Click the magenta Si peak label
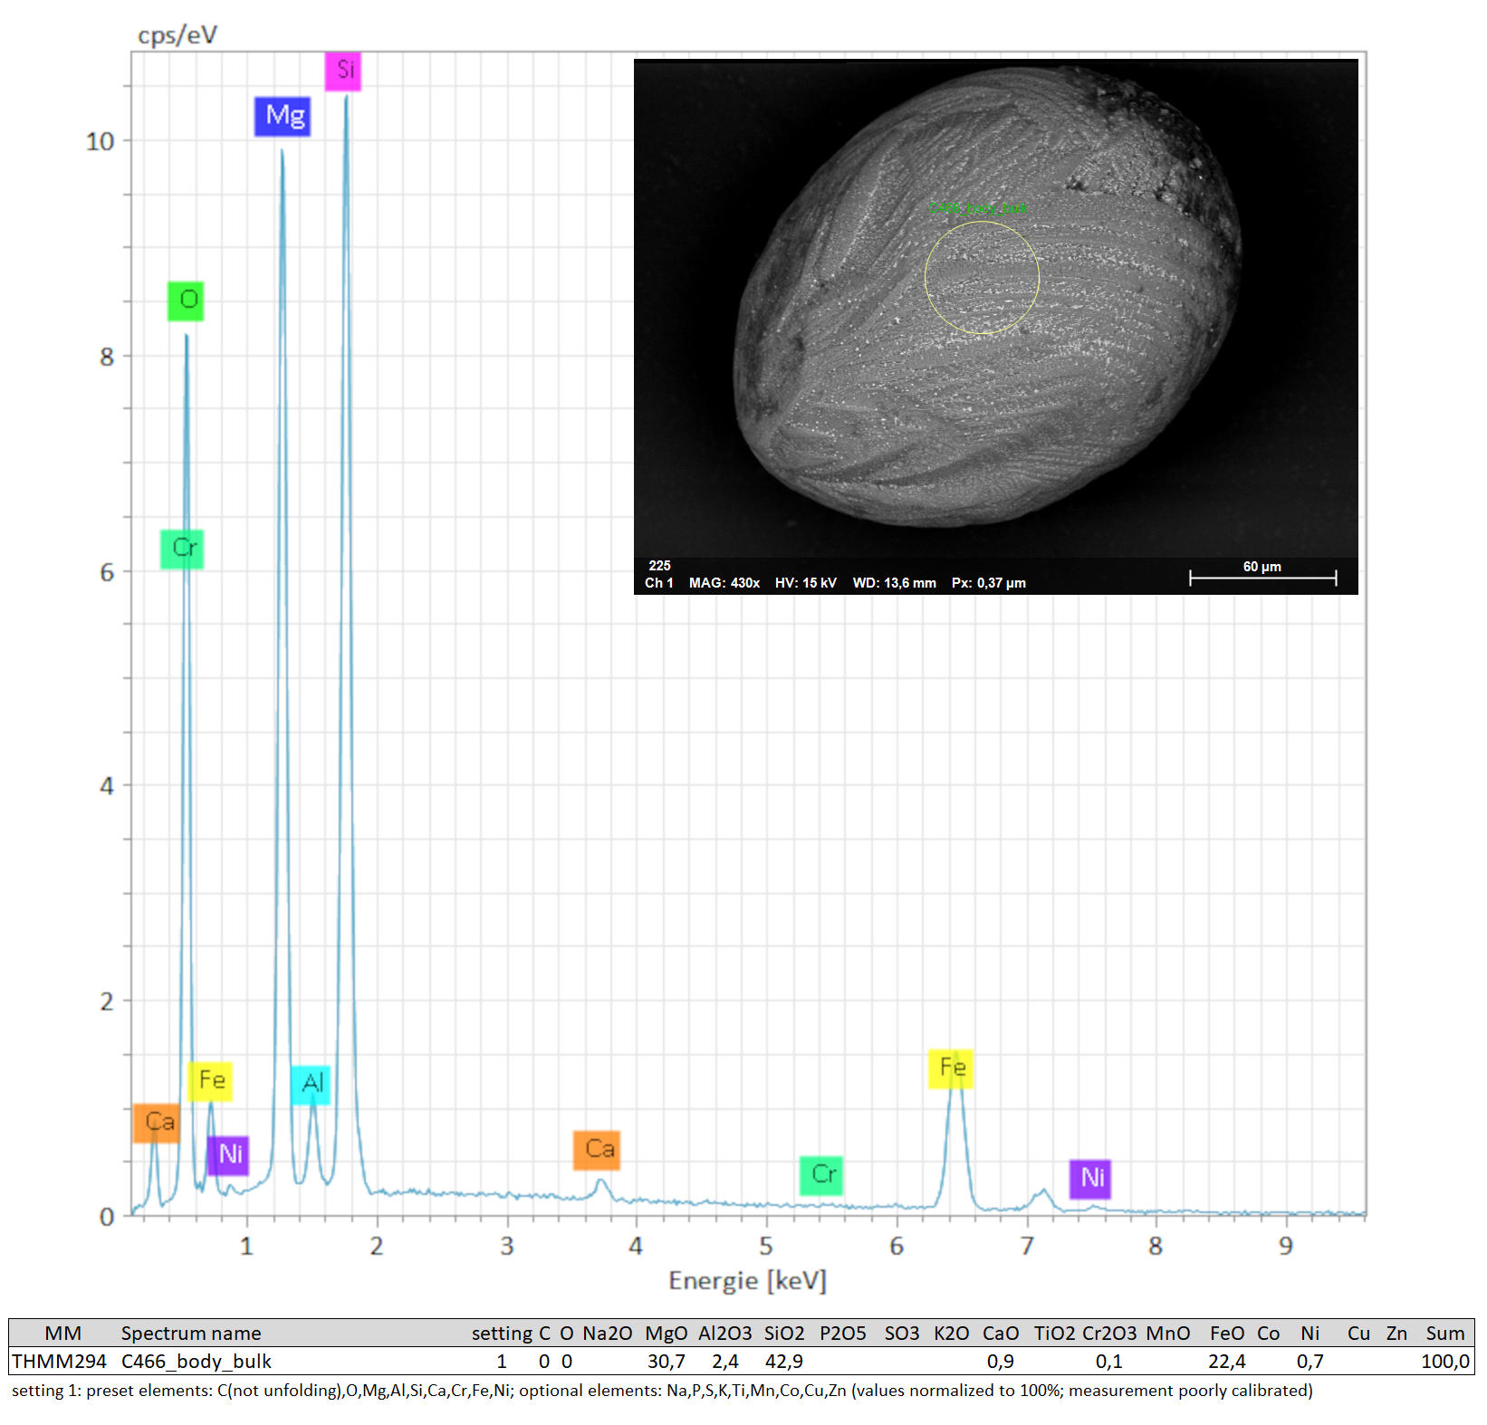(343, 71)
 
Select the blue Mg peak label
(283, 116)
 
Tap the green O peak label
(186, 301)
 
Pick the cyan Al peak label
(311, 1084)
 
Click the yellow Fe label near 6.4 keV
(951, 1068)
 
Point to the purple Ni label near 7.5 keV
(1090, 1178)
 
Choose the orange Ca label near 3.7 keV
(597, 1150)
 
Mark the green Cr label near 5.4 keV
(821, 1175)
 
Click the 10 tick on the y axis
(101, 141)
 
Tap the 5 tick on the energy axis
(766, 1247)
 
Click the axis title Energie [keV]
(747, 1280)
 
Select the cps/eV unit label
(177, 35)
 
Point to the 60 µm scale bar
(1262, 578)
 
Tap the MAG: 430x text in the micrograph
(724, 583)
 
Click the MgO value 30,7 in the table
(666, 1362)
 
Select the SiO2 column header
(783, 1334)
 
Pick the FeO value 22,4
(1226, 1362)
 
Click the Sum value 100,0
(1444, 1362)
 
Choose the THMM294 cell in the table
(60, 1362)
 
